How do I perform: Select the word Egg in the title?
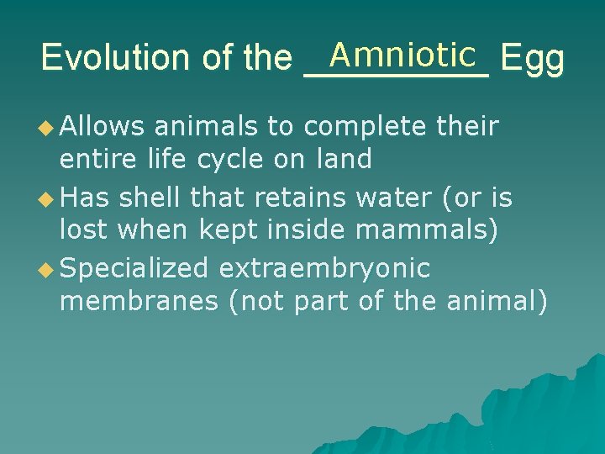(532, 59)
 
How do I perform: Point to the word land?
(345, 159)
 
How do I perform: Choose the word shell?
(151, 197)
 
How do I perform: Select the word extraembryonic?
(324, 268)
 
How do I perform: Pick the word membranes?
(139, 301)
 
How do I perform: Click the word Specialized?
(134, 268)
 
